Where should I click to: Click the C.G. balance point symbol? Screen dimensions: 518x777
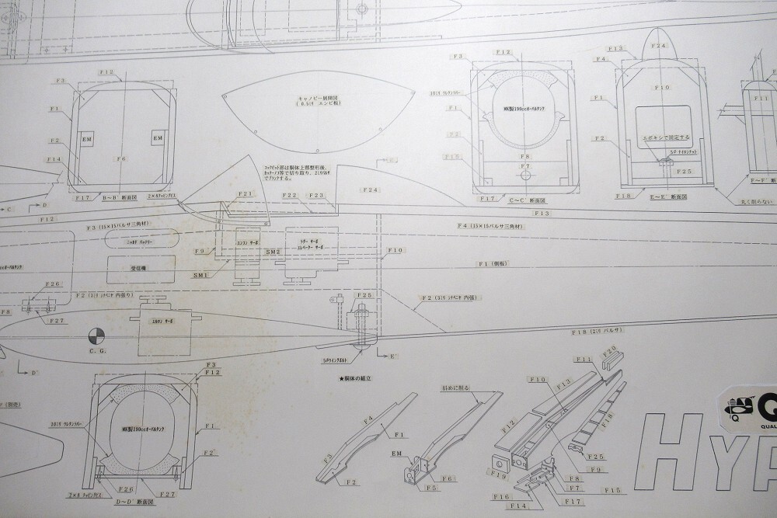(96, 335)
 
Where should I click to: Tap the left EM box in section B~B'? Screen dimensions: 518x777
(87, 138)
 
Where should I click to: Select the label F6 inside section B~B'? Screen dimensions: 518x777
(120, 158)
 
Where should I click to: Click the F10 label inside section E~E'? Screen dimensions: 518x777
(661, 88)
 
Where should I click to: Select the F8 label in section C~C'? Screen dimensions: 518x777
(526, 156)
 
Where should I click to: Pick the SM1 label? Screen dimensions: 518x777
(200, 275)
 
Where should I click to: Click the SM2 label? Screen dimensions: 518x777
(273, 252)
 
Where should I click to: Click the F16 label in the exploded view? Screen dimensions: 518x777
(501, 495)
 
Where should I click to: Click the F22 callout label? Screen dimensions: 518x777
(291, 196)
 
